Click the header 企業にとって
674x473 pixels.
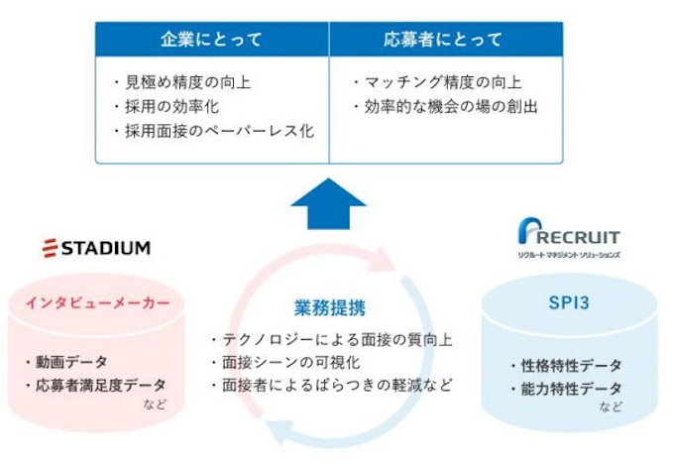212,41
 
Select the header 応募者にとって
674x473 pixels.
443,41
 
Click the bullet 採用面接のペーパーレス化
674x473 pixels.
214,130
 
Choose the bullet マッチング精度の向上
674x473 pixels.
437,83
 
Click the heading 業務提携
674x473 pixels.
330,308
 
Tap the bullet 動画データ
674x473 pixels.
71,362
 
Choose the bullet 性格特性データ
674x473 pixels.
564,365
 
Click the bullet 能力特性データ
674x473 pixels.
564,388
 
